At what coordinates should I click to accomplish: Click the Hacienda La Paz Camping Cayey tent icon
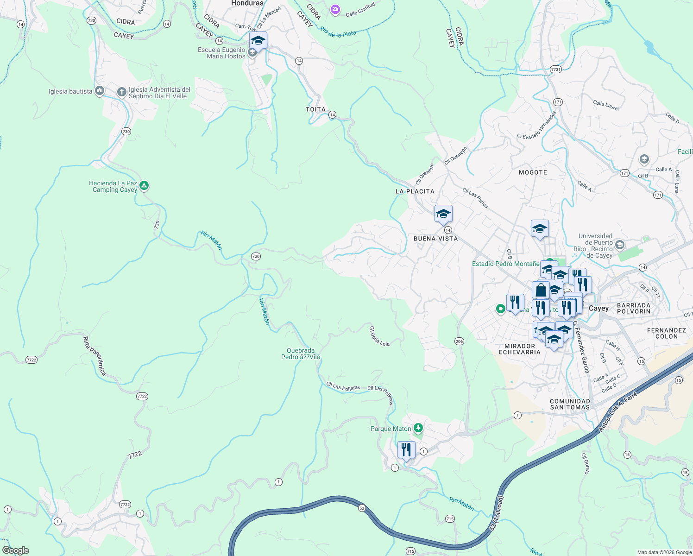click(x=144, y=186)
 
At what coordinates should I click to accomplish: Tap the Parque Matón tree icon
click(x=418, y=428)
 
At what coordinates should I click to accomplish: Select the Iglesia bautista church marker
click(x=99, y=91)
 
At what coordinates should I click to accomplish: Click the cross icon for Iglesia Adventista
click(x=121, y=92)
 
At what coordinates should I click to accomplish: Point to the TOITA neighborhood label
click(x=315, y=109)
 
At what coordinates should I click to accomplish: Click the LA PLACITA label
click(x=415, y=191)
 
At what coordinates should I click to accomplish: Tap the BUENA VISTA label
click(x=435, y=239)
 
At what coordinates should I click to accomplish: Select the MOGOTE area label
click(x=533, y=172)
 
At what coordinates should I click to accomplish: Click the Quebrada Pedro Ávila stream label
click(x=301, y=354)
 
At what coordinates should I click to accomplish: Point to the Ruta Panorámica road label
click(x=94, y=356)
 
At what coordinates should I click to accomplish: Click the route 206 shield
click(x=459, y=341)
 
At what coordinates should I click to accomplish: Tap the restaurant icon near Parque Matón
click(x=406, y=450)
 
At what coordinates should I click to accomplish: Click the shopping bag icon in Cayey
click(x=541, y=291)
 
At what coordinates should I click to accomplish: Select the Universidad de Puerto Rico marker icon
click(x=620, y=244)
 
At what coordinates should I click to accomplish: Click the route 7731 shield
click(x=556, y=69)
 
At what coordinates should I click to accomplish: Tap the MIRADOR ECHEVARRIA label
click(x=519, y=349)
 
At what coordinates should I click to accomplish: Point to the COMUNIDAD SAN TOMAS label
click(x=570, y=404)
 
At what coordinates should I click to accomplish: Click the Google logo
click(x=15, y=550)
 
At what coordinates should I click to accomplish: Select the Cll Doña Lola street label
click(x=379, y=336)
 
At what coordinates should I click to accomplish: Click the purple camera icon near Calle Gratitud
click(x=335, y=9)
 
